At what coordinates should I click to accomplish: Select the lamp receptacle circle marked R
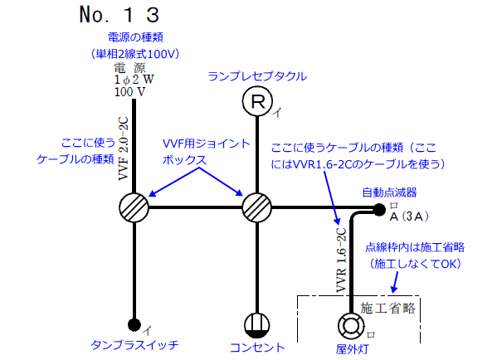[x=257, y=103]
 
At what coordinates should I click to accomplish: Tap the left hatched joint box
[x=133, y=206]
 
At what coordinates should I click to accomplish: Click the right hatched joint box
[x=257, y=206]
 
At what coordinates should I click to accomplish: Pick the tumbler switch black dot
[x=133, y=324]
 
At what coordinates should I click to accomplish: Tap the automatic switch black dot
[x=379, y=208]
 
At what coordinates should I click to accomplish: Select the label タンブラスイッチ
[x=134, y=343]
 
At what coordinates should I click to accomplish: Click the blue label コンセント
[x=257, y=348]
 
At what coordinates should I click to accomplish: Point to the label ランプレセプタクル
[x=257, y=76]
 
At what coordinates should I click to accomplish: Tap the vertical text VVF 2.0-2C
[x=123, y=149]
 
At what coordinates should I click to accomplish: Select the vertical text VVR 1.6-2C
[x=339, y=261]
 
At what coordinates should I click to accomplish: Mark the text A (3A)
[x=408, y=217]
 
